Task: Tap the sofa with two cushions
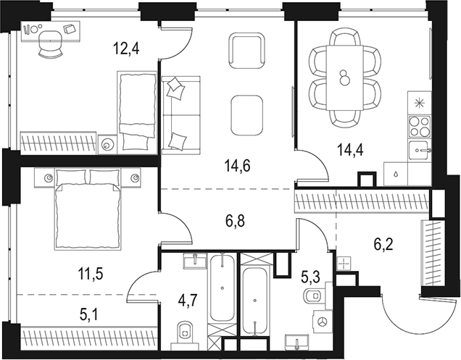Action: (x=177, y=114)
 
